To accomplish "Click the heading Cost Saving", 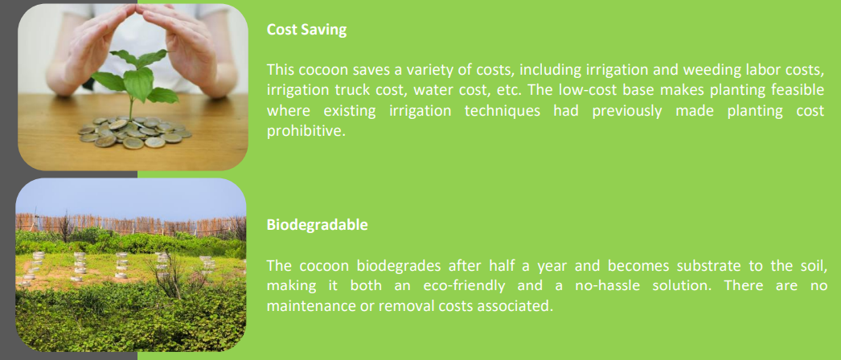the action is (307, 30).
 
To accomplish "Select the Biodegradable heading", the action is (317, 225).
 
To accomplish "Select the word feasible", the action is (798, 90).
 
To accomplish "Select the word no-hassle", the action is (595, 287).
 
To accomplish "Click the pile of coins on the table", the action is (134, 132).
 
